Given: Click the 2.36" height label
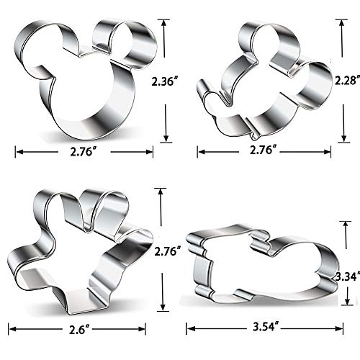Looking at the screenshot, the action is click(x=165, y=81).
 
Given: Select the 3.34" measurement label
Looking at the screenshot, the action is click(x=348, y=276).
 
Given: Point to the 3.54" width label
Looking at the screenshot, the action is click(x=266, y=326).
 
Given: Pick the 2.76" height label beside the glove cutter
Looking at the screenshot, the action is click(x=167, y=251).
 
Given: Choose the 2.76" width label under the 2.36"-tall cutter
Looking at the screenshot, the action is click(x=84, y=151).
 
